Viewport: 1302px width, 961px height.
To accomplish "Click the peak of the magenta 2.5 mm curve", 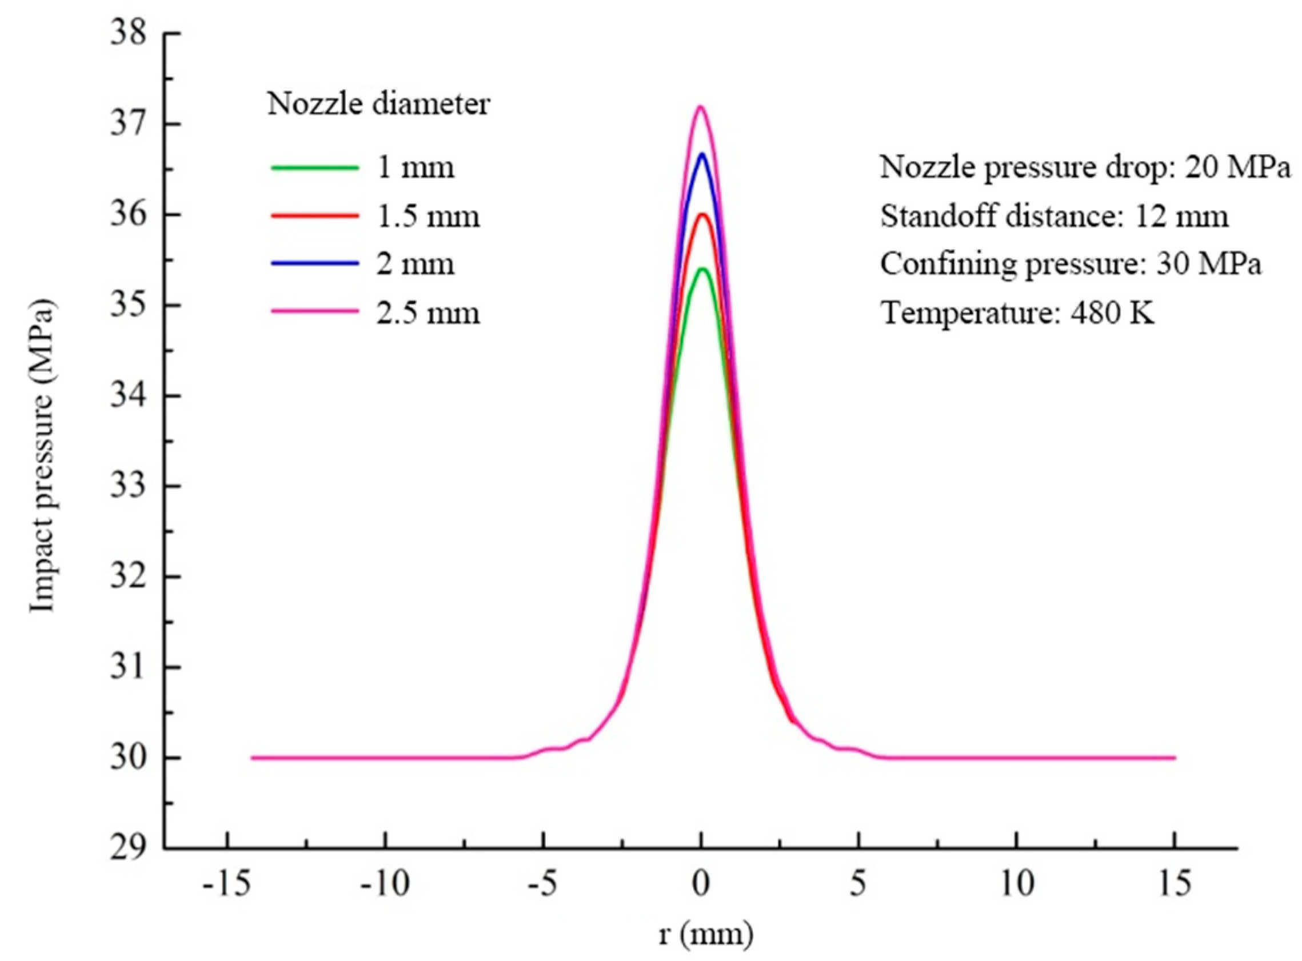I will tap(701, 107).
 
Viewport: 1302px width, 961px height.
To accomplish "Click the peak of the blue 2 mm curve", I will tap(702, 155).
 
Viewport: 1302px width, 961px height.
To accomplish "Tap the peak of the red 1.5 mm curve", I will tap(702, 215).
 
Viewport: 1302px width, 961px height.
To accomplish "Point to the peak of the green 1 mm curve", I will tap(702, 269).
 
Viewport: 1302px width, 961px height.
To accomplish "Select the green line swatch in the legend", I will tap(315, 168).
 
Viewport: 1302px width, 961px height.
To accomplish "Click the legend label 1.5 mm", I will tap(428, 217).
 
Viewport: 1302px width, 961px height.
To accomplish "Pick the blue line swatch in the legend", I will tap(315, 264).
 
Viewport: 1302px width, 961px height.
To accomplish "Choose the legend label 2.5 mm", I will tap(428, 314).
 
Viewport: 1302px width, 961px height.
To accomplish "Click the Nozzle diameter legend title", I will tap(378, 105).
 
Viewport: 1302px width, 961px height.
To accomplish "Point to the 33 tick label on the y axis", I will tap(128, 486).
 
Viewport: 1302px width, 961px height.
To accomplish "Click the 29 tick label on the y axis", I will tap(128, 848).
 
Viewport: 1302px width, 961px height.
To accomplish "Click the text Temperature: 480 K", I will tap(1017, 314).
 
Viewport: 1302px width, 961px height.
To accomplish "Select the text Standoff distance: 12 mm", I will tap(1054, 217).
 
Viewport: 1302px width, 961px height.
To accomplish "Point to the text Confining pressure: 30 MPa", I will tap(1071, 264).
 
